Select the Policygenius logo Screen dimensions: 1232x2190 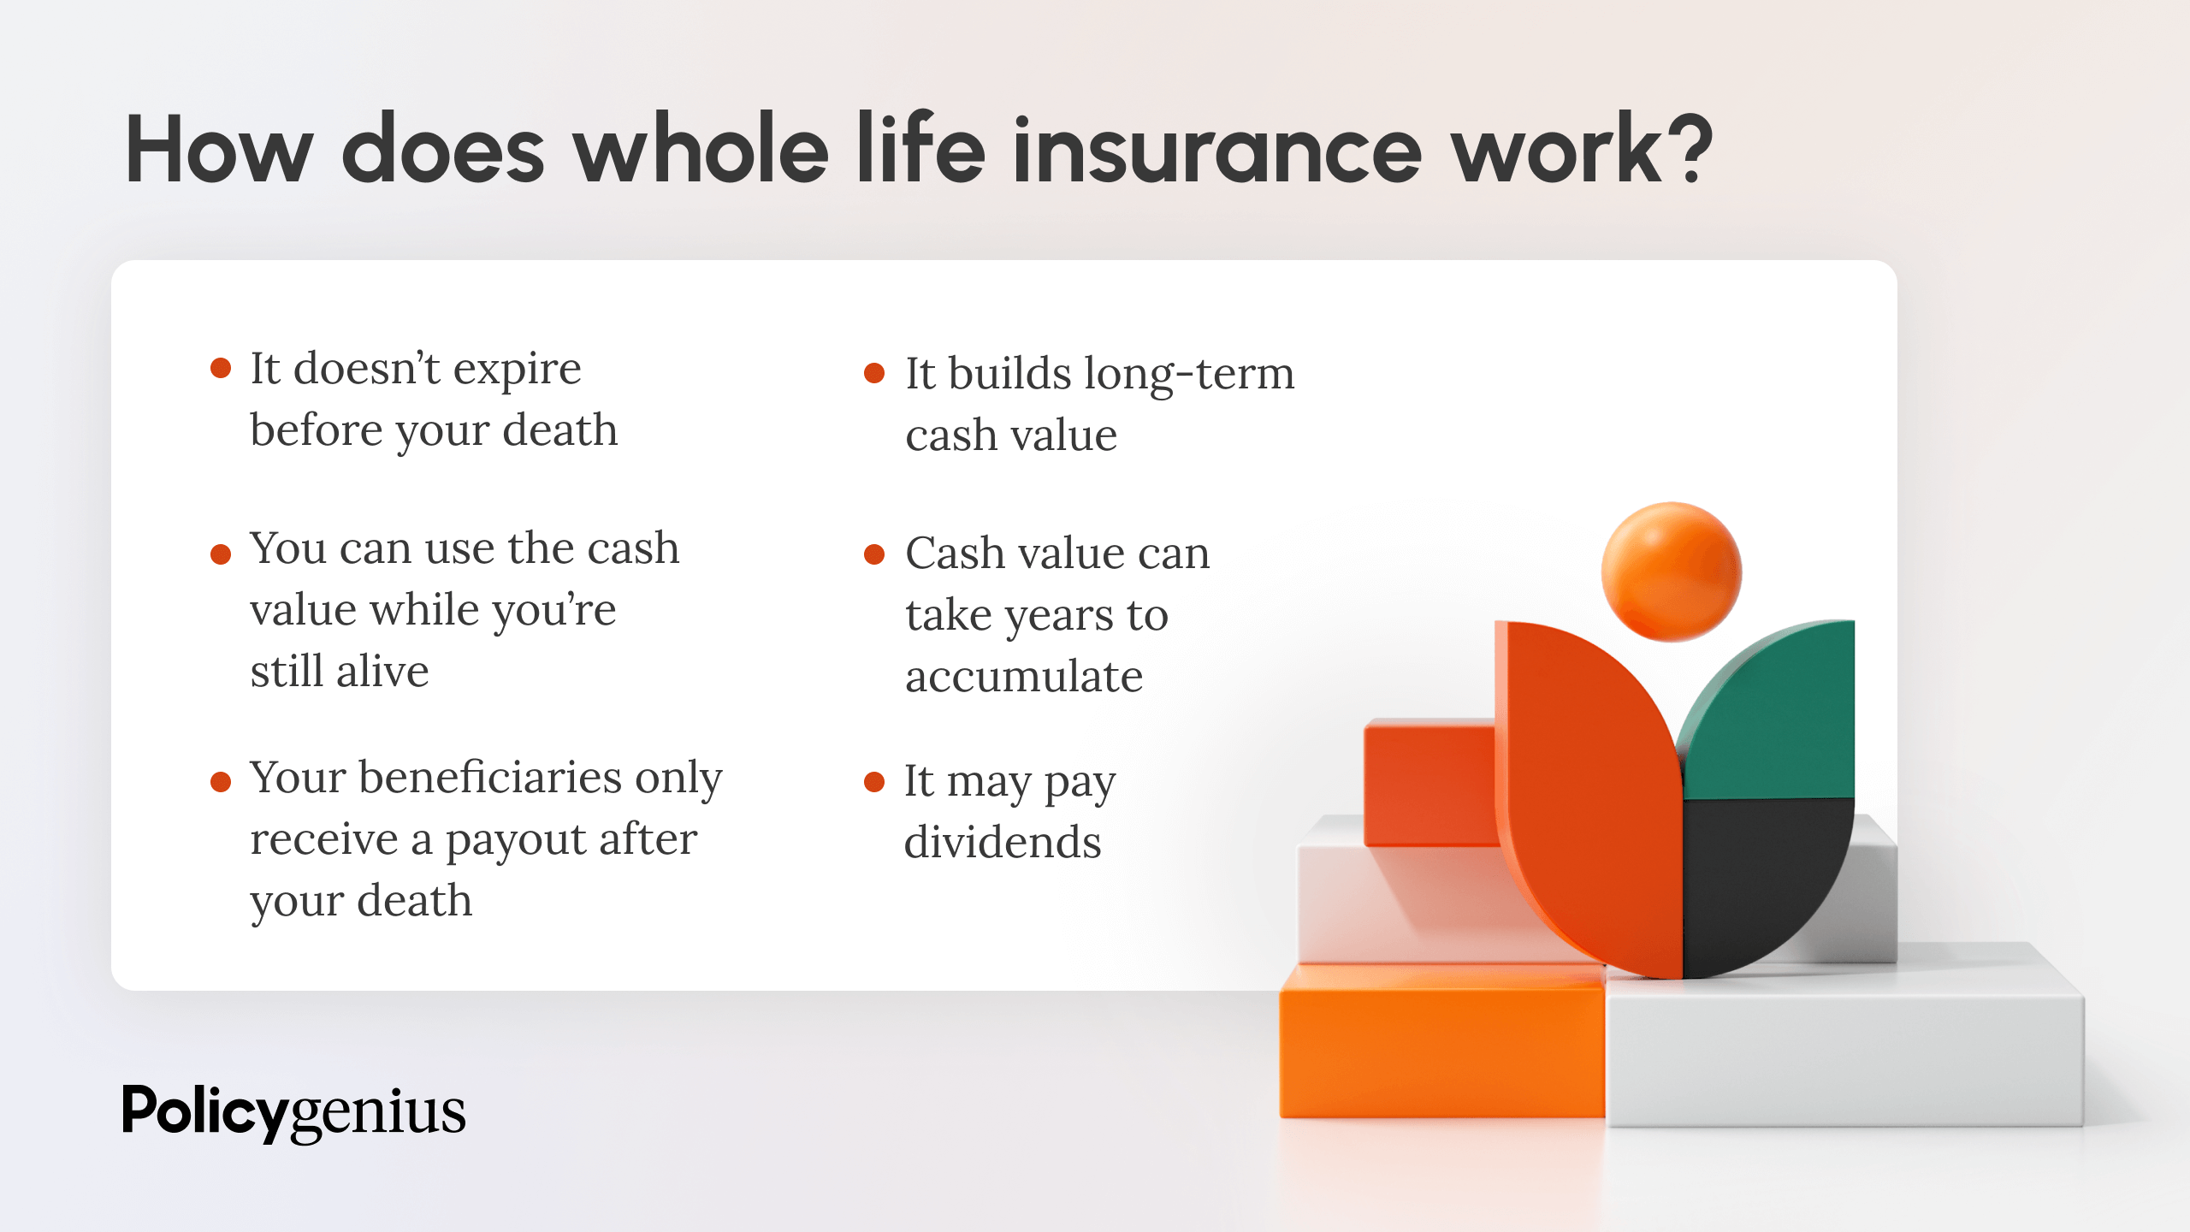(293, 1112)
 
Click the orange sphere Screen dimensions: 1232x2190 (1671, 572)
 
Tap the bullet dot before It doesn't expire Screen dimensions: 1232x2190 (221, 369)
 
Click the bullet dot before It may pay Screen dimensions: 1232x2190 (873, 781)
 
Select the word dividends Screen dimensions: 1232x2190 (1003, 843)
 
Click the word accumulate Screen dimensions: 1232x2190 (1024, 678)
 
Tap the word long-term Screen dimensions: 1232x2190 (1189, 375)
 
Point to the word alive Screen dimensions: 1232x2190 (382, 672)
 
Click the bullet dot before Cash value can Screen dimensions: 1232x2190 (873, 554)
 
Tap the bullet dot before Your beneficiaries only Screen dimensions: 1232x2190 (221, 781)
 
